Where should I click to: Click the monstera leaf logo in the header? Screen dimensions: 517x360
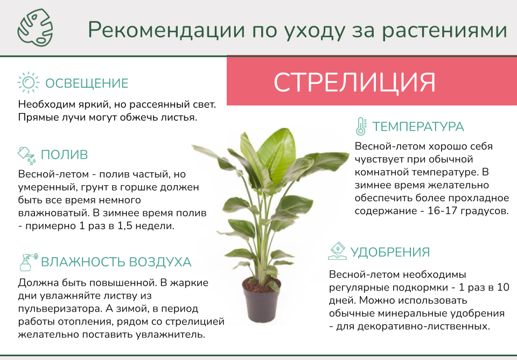[35, 27]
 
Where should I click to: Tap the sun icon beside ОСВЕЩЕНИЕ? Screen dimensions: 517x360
[29, 82]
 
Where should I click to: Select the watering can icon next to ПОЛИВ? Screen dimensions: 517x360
[27, 156]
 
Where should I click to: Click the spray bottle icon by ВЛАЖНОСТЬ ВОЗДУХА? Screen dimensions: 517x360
[29, 262]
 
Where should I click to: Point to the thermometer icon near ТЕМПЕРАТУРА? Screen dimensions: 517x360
[361, 126]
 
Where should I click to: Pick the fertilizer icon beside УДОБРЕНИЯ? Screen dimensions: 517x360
[337, 251]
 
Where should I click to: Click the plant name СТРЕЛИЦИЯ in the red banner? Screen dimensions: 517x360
[354, 82]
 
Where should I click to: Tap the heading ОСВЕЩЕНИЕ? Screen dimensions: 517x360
[87, 83]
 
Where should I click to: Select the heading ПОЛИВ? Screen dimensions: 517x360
[64, 154]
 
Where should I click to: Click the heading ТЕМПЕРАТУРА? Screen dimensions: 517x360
[418, 126]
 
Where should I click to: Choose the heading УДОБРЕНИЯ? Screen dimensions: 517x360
[390, 252]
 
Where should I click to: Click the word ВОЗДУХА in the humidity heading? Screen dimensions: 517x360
[160, 262]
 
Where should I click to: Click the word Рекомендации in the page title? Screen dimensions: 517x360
[166, 30]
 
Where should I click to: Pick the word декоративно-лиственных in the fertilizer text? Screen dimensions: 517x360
[413, 326]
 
